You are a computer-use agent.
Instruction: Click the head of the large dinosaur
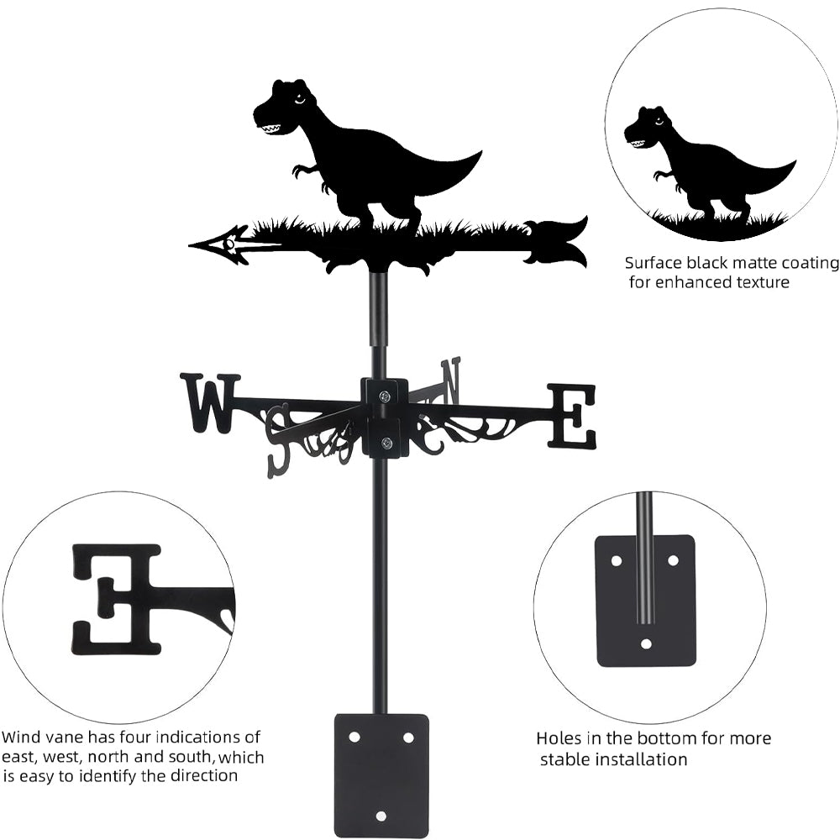point(281,108)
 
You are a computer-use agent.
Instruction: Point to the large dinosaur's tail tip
point(478,155)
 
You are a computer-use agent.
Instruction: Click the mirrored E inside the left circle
point(118,598)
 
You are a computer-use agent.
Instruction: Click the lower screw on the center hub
point(386,443)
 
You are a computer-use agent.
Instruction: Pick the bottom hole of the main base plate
point(381,816)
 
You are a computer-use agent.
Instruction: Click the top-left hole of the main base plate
point(354,736)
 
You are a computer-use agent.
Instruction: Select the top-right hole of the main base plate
point(408,737)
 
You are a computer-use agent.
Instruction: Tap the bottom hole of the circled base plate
point(645,643)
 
